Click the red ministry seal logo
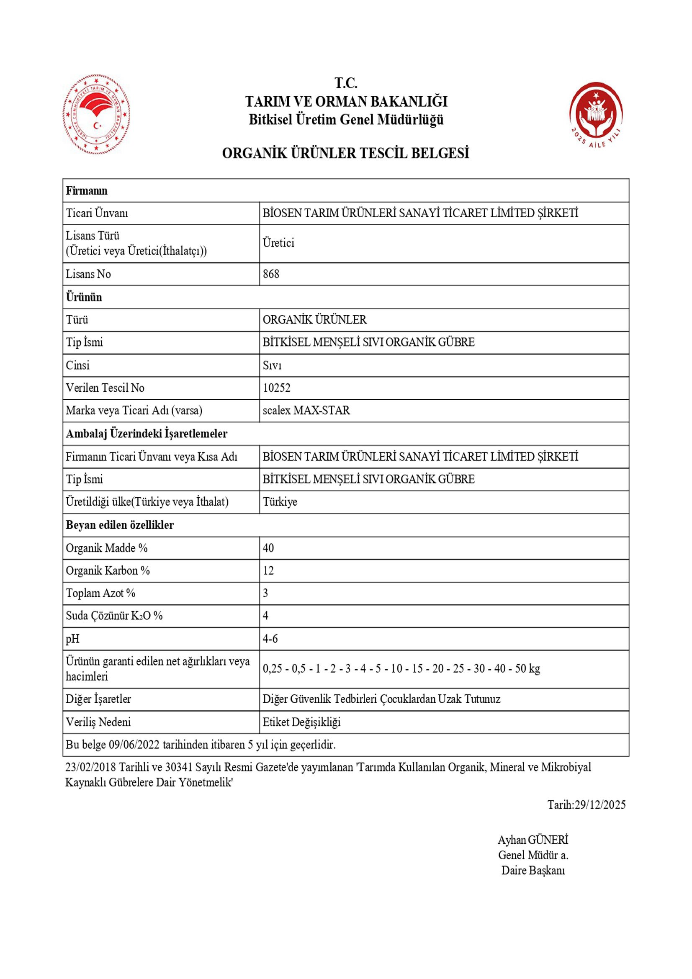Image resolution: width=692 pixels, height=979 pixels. tap(97, 114)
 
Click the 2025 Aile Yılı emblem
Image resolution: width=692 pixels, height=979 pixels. tap(596, 114)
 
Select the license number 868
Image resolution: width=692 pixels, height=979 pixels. tap(271, 274)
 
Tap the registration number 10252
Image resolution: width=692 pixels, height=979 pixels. tap(277, 388)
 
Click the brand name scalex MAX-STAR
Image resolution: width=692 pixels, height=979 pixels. tap(306, 410)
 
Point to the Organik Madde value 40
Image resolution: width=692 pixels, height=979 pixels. tap(268, 548)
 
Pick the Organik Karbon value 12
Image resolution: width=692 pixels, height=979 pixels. tap(268, 570)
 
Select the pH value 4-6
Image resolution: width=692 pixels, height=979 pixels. tap(270, 639)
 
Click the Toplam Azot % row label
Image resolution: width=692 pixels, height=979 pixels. tap(100, 593)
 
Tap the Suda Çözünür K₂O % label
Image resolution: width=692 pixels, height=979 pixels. tap(114, 616)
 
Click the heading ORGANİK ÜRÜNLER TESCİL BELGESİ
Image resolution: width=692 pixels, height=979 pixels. tap(345, 153)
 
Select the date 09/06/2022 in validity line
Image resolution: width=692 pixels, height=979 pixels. tap(134, 745)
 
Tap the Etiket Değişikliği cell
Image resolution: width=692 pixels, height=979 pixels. tap(301, 722)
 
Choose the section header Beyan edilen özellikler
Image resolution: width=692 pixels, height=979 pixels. tap(120, 525)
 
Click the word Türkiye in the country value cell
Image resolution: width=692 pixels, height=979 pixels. tap(280, 502)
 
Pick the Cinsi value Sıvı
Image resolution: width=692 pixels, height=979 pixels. tap(272, 365)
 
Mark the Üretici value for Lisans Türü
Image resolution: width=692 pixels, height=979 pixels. tap(278, 243)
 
